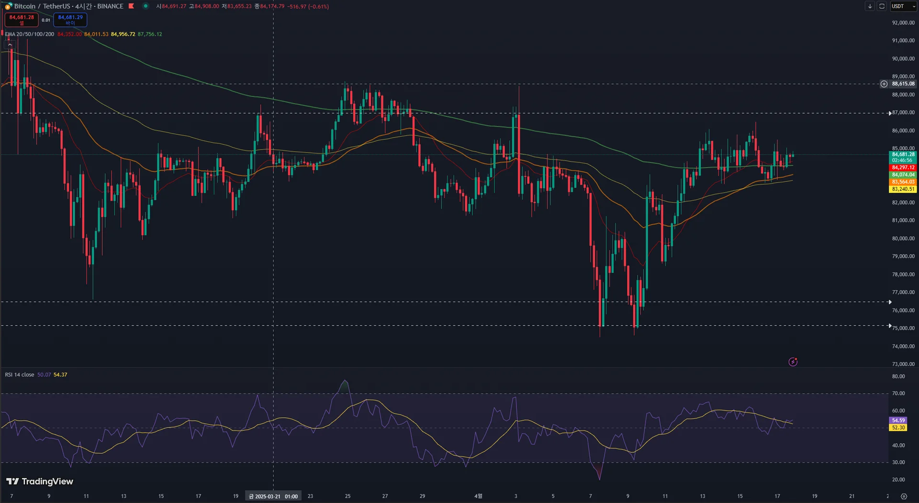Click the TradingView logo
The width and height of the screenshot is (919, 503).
tap(40, 481)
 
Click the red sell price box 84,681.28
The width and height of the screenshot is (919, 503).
tap(22, 19)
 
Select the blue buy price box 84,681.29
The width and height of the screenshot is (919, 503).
tap(70, 19)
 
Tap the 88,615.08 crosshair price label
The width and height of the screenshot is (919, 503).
tap(903, 84)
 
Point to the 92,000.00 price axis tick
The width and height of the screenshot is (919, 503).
tap(903, 22)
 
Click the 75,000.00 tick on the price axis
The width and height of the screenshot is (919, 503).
tap(903, 328)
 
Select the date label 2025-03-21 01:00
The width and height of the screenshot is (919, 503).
tap(273, 496)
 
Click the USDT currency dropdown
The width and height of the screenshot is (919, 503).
tap(903, 6)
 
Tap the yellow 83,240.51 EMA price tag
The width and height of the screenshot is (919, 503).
tap(903, 189)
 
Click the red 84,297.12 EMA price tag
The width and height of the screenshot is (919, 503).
tap(903, 168)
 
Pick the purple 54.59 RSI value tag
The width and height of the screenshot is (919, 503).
tap(898, 421)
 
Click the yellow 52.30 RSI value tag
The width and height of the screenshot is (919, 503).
tap(898, 428)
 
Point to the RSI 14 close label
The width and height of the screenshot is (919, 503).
tap(20, 375)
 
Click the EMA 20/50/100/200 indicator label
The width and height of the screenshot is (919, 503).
tap(29, 34)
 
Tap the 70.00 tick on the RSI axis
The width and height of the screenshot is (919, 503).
tap(898, 394)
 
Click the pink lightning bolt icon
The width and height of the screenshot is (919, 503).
tap(793, 362)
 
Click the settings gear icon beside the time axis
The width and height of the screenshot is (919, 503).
tap(904, 496)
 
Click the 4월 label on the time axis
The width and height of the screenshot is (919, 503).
tap(478, 496)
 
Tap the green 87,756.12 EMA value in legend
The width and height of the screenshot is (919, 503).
tap(150, 34)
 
